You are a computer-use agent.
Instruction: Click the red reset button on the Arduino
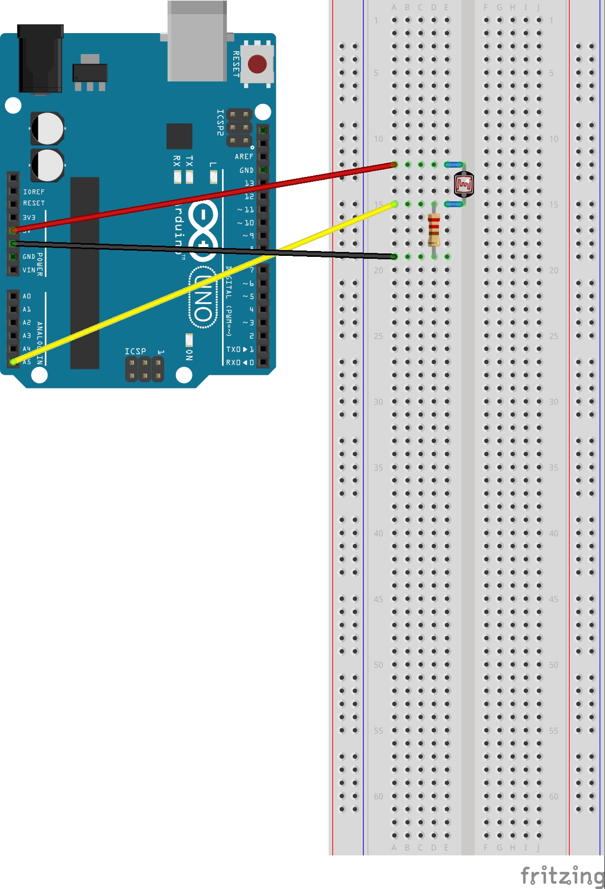click(257, 64)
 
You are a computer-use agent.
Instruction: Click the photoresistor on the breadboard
click(463, 184)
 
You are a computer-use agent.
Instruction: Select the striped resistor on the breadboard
click(434, 230)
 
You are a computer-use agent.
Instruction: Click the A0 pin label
click(27, 296)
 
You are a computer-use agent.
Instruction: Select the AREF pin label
click(244, 156)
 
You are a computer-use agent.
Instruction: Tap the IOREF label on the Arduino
click(34, 192)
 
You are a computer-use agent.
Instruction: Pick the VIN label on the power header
click(29, 270)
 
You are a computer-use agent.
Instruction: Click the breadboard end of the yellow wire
click(394, 204)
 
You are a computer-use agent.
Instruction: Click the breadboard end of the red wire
click(394, 165)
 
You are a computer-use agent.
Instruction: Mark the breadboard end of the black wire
click(394, 256)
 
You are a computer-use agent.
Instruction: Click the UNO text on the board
click(204, 297)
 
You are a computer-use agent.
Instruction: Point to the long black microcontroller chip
click(85, 273)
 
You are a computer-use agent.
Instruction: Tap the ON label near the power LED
click(189, 354)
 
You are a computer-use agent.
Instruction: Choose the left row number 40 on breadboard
click(378, 533)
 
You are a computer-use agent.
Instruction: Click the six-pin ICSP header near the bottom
click(145, 369)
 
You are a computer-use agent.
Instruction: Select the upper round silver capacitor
click(48, 129)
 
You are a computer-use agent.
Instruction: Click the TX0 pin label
click(233, 349)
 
